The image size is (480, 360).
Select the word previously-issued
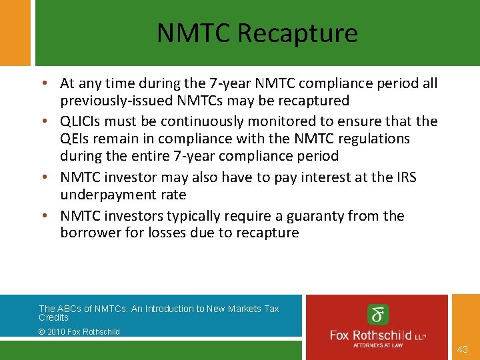[x=117, y=101]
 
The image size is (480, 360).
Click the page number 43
[x=463, y=349]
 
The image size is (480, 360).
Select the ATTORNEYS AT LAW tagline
[x=378, y=345]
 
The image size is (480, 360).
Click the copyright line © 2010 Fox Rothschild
[x=79, y=331]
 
